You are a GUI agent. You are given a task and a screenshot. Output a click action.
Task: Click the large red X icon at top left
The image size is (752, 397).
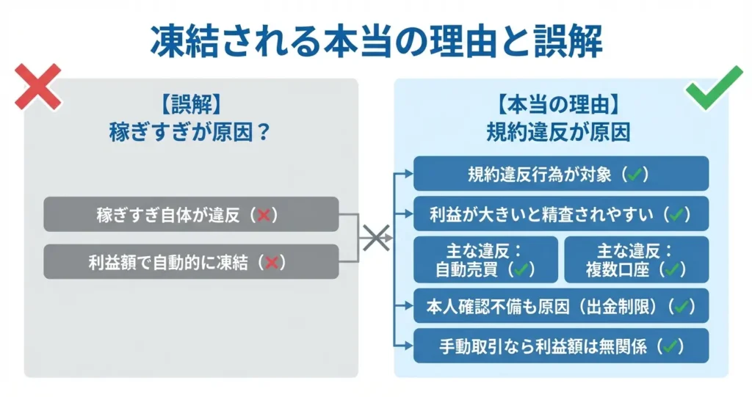point(37,87)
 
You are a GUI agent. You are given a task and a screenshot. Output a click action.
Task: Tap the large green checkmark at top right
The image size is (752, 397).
point(714,86)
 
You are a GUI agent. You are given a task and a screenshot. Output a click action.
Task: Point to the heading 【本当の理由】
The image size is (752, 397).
point(561,105)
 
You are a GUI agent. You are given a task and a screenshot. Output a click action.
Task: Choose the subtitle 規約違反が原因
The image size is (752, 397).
point(561,131)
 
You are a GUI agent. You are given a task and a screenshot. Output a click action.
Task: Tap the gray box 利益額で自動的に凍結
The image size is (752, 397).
point(191,261)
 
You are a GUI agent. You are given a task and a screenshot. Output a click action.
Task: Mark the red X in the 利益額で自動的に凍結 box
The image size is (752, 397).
point(272,262)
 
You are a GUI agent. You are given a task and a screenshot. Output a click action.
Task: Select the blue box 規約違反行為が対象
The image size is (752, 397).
point(561,174)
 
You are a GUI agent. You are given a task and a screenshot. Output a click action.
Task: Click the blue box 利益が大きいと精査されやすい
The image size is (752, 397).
point(561,214)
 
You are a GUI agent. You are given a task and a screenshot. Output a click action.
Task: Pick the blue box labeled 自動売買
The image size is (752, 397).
point(485,260)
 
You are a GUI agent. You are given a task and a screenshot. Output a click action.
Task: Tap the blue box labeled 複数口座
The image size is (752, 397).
point(636,260)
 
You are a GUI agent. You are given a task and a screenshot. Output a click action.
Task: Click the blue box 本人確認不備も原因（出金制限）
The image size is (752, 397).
point(561,306)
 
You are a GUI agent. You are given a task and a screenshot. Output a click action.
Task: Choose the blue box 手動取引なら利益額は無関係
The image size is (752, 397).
point(561,346)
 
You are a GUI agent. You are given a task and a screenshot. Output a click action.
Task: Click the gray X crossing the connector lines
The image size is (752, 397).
point(375,238)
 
